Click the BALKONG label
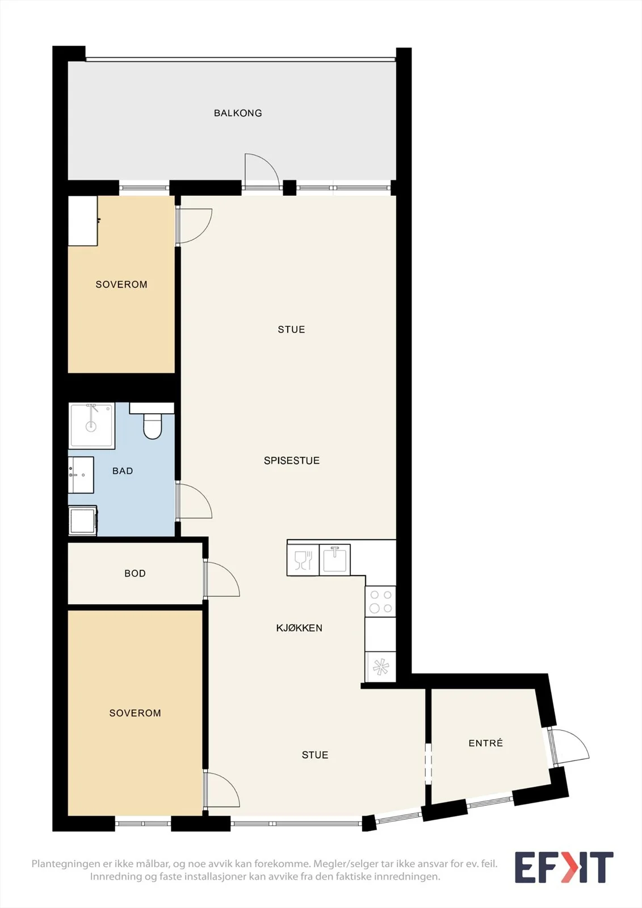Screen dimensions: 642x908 coord(238,113)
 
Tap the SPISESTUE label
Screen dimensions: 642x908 coord(292,460)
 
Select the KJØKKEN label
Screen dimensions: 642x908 coord(299,628)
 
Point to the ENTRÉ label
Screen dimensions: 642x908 coord(485,743)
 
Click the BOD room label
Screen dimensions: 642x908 coord(135,573)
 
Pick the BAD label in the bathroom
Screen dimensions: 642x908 coord(123,470)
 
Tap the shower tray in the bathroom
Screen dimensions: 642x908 coord(91,426)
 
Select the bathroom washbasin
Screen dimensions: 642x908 coord(81,474)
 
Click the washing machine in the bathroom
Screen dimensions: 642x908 coord(83,520)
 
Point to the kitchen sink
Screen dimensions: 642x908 coord(334,560)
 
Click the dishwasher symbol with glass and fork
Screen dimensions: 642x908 coord(303,560)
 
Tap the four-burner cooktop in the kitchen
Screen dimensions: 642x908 coord(380,602)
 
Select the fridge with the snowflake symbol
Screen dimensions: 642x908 coord(380,667)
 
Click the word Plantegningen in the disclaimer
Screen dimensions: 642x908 coord(65,864)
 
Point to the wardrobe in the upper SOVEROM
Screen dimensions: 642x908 coord(83,221)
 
